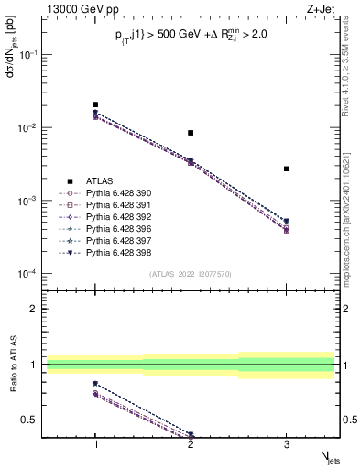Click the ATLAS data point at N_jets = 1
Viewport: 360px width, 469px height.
point(95,104)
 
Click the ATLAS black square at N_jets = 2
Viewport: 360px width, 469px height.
point(191,133)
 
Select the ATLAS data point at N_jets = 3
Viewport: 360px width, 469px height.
point(287,169)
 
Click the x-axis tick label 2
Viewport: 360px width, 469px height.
point(191,443)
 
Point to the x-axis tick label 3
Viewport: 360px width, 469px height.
point(287,443)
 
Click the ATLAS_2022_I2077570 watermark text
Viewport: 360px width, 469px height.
point(191,274)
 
